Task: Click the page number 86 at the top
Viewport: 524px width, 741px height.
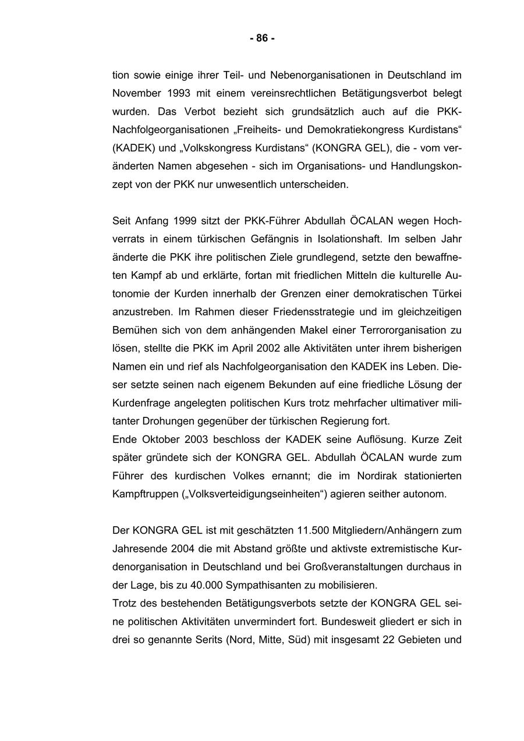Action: [262, 38]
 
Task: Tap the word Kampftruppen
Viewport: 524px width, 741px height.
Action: [140, 494]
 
